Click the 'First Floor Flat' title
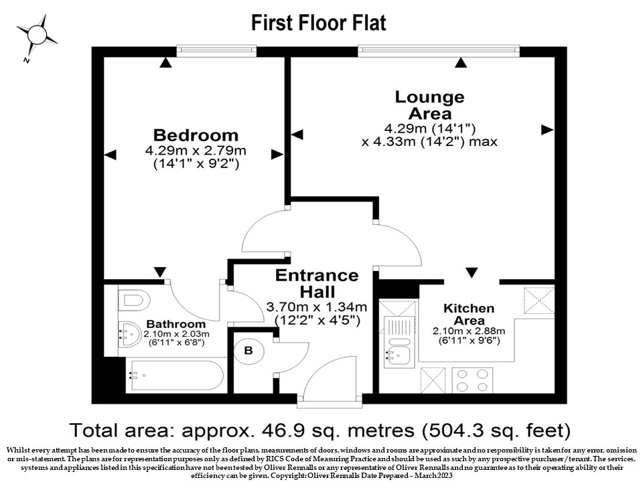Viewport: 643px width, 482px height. (319, 23)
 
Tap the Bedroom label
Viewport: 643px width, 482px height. (196, 135)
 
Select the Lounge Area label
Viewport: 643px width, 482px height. (430, 105)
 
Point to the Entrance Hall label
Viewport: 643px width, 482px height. (317, 283)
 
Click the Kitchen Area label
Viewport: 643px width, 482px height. (469, 314)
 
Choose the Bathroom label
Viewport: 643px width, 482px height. (176, 324)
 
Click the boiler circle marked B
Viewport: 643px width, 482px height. (248, 351)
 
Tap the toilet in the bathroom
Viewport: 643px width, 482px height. (133, 301)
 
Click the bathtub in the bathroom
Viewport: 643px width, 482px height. (176, 376)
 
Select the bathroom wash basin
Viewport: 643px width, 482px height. (131, 334)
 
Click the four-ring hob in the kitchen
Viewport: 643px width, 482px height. (472, 380)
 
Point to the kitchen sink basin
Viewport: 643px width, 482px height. (397, 355)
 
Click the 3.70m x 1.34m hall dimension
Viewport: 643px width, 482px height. (317, 307)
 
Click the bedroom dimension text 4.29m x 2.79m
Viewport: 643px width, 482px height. (196, 151)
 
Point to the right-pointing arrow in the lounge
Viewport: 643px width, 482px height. (547, 130)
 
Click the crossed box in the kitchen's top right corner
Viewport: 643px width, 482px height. (539, 301)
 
